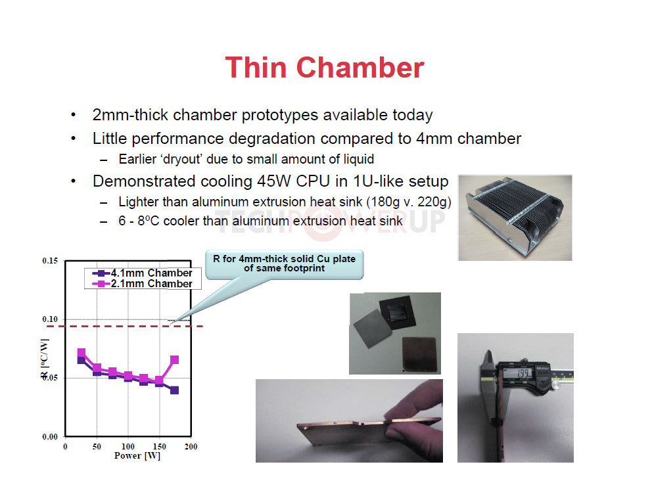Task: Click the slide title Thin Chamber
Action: pyautogui.click(x=324, y=68)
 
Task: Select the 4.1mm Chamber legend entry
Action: pyautogui.click(x=143, y=273)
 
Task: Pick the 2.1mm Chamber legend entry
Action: pyautogui.click(x=143, y=284)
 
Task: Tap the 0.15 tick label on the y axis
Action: pyautogui.click(x=50, y=261)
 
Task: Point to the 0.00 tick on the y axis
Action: pyautogui.click(x=50, y=436)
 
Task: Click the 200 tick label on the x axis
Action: pyautogui.click(x=191, y=447)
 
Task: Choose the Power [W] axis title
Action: pyautogui.click(x=137, y=456)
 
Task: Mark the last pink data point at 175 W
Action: pyautogui.click(x=175, y=359)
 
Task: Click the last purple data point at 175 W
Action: pyautogui.click(x=175, y=390)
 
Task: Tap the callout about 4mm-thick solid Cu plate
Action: pyautogui.click(x=285, y=263)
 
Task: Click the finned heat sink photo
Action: pyautogui.click(x=515, y=218)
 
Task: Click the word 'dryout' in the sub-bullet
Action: pyautogui.click(x=181, y=159)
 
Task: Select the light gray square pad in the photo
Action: pyautogui.click(x=373, y=329)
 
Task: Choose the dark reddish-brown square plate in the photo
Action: pyautogui.click(x=419, y=354)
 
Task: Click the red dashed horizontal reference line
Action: pyautogui.click(x=125, y=327)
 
